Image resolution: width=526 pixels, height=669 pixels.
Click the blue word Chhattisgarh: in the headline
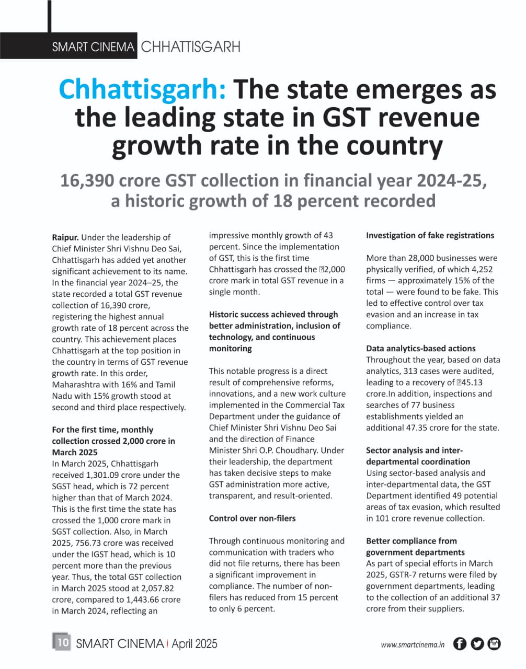(142, 89)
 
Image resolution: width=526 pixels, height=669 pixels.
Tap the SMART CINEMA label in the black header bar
(93, 47)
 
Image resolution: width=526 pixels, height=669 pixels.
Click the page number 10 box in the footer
(62, 642)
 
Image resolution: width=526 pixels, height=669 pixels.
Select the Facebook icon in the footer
(460, 644)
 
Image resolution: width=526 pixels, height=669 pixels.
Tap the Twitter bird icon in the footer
(477, 644)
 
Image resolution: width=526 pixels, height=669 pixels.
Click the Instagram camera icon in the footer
(494, 644)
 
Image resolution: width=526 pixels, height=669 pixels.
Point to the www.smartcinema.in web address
(413, 645)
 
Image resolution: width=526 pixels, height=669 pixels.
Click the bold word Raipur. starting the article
(65, 237)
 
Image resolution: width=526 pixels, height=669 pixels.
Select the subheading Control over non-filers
(252, 518)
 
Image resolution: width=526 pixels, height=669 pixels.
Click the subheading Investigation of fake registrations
(430, 236)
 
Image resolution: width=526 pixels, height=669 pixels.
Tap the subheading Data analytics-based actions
(420, 349)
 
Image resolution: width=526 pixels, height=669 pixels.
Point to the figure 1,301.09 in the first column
(105, 475)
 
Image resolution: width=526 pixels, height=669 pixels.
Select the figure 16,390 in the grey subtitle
(87, 181)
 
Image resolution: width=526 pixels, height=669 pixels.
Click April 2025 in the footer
(195, 644)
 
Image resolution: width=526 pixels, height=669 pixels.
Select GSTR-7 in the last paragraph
(404, 575)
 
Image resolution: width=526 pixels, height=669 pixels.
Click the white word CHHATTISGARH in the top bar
(190, 47)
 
